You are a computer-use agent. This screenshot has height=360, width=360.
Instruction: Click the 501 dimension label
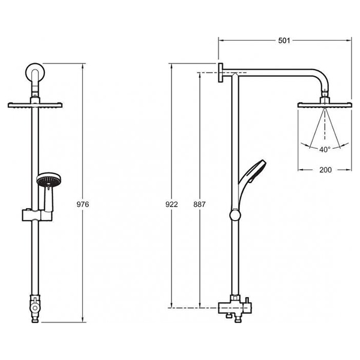[x=284, y=41]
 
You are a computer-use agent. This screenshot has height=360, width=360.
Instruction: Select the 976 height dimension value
[x=83, y=204]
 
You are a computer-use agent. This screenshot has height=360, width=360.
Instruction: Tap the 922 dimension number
[x=172, y=204]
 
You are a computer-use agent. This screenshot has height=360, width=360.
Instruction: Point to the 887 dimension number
[x=199, y=204]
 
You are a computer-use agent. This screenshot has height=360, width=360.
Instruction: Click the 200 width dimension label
[x=326, y=170]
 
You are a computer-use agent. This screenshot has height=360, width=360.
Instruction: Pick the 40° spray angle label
[x=325, y=149]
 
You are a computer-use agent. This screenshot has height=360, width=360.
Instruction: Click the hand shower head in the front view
[x=49, y=179]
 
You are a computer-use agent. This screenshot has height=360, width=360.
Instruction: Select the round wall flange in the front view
[x=35, y=73]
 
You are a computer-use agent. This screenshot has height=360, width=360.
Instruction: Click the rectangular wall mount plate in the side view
[x=220, y=73]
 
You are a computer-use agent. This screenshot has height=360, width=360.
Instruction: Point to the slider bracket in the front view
[x=37, y=215]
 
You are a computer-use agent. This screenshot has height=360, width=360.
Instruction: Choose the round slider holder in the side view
[x=235, y=215]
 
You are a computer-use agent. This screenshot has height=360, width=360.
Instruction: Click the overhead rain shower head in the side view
[x=325, y=105]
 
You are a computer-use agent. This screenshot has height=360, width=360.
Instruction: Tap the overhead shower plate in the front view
[x=35, y=105]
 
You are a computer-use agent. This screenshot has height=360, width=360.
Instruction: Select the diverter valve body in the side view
[x=235, y=308]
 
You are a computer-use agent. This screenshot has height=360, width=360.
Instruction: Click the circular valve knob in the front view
[x=35, y=308]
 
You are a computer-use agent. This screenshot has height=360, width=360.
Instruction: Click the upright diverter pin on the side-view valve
[x=247, y=301]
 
